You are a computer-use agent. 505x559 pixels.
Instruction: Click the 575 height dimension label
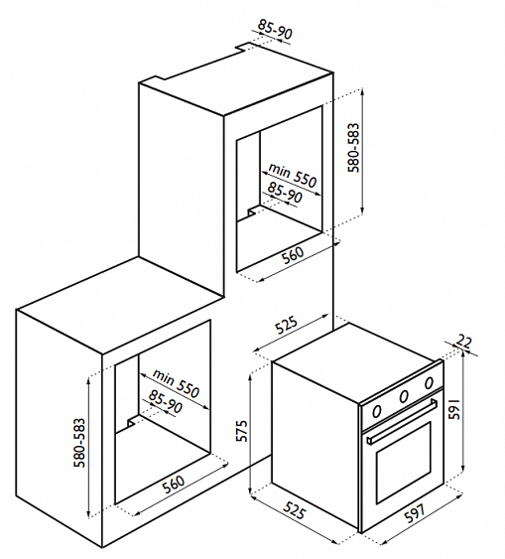click(242, 431)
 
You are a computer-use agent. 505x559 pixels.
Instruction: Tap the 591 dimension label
click(454, 409)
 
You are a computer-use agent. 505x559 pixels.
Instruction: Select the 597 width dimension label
click(415, 513)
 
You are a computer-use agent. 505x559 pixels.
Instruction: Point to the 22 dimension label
click(463, 342)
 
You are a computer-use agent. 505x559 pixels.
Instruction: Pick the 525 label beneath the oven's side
click(294, 511)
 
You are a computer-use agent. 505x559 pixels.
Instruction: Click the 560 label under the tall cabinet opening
click(293, 255)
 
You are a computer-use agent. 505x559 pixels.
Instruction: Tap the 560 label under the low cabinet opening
click(174, 485)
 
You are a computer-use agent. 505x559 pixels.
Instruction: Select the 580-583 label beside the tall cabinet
click(354, 148)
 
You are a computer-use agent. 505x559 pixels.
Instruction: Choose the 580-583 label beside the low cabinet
click(79, 443)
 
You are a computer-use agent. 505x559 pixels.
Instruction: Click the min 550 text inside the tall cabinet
click(293, 175)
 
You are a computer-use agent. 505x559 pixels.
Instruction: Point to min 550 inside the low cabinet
click(176, 383)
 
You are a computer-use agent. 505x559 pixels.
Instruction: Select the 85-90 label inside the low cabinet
click(166, 401)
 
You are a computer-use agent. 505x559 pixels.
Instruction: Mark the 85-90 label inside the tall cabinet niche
click(285, 193)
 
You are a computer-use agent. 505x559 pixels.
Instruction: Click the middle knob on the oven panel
click(404, 396)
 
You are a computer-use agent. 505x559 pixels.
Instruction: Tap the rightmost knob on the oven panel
click(429, 382)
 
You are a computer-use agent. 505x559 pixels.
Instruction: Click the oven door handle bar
click(402, 422)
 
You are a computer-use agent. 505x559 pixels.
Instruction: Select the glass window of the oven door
click(403, 463)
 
